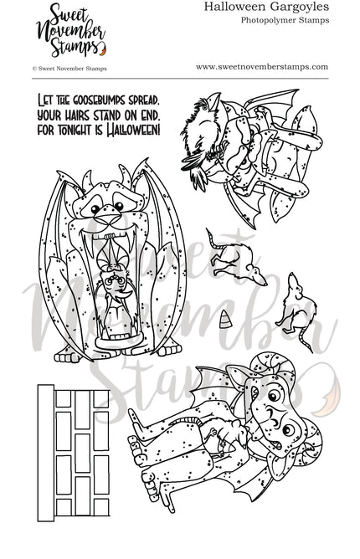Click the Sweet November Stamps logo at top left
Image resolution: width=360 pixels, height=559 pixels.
click(x=44, y=27)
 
